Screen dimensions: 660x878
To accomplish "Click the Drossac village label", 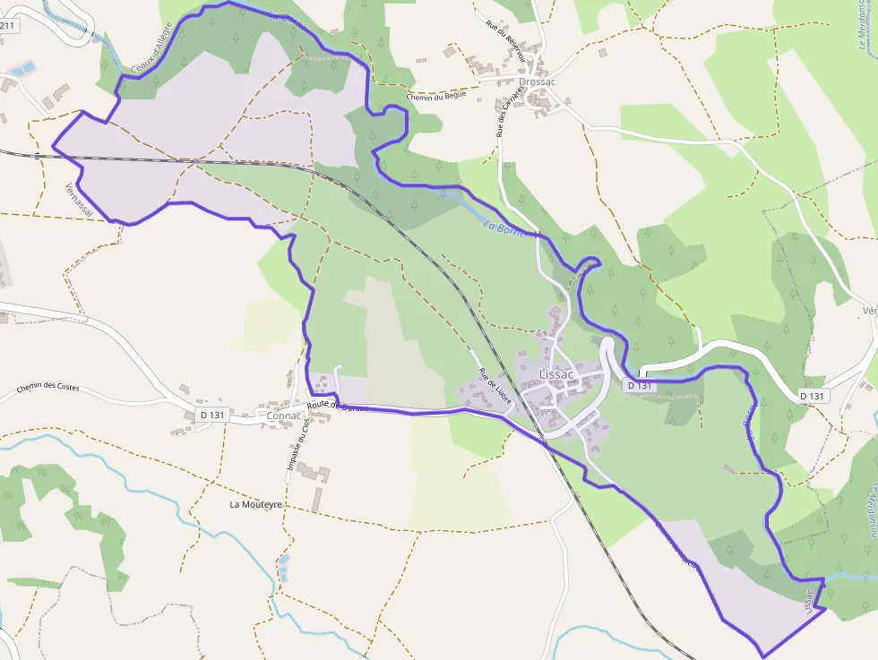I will click(537, 81).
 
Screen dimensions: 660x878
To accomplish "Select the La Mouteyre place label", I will click(256, 504).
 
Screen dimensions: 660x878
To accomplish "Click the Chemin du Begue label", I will click(437, 97).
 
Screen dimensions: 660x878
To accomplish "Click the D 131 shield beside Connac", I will click(212, 415).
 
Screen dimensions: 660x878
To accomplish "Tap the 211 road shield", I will click(7, 25).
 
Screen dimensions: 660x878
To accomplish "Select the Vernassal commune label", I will click(79, 199).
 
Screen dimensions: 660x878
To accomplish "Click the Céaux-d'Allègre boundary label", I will click(150, 55).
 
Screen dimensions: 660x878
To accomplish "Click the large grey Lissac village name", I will click(556, 373).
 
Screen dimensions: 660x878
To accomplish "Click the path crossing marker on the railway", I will click(194, 161).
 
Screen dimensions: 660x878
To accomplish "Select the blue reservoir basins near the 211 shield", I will click(22, 67).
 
